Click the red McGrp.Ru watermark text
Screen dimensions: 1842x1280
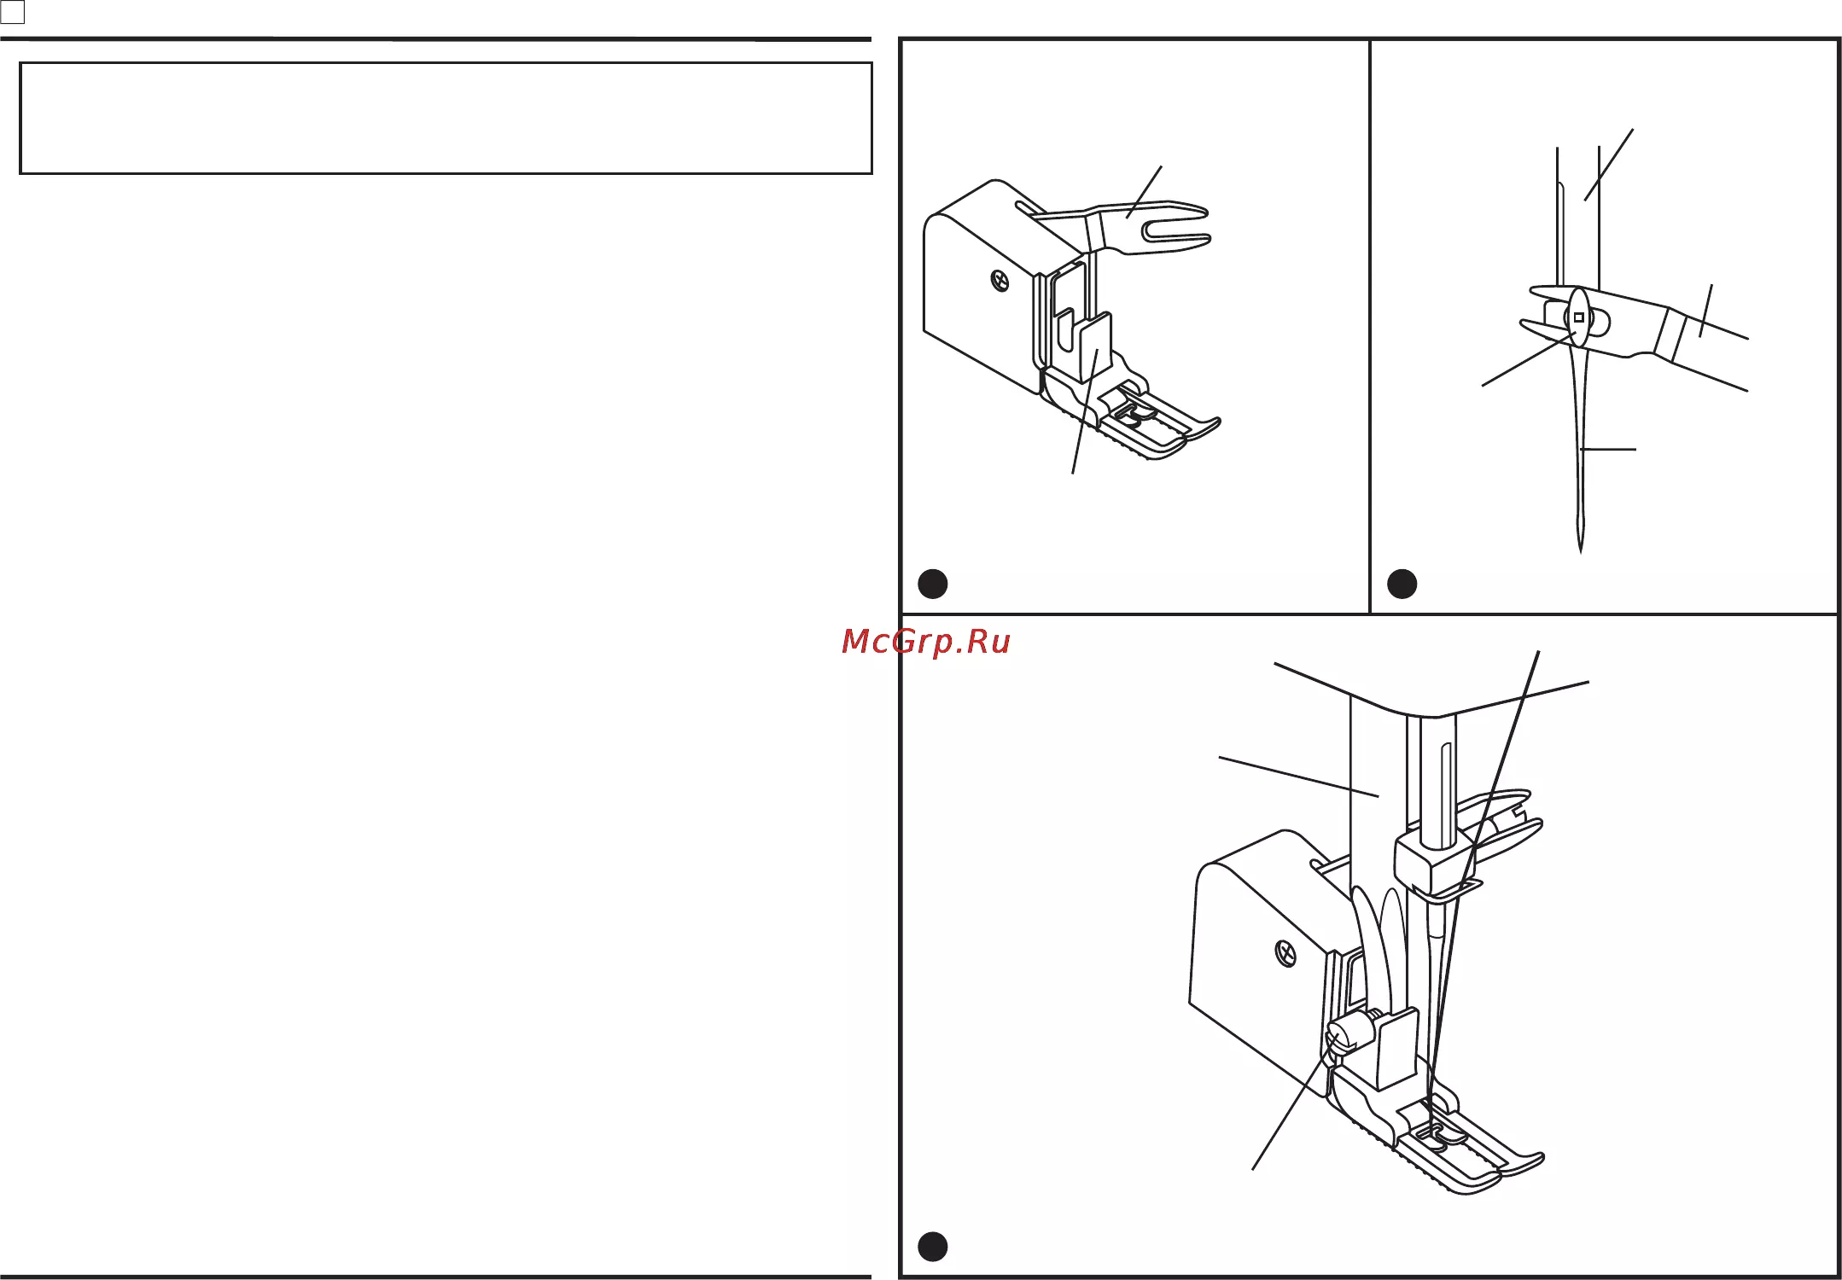click(x=926, y=642)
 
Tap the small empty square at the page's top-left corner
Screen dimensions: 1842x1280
click(x=13, y=12)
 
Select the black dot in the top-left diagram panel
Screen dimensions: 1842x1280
click(x=933, y=584)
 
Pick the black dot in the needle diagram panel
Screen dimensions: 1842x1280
click(x=1402, y=584)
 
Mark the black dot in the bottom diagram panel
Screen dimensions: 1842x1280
click(x=933, y=1247)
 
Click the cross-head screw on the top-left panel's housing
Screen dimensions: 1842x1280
click(x=1000, y=280)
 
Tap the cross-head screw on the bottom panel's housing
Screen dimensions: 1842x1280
click(x=1285, y=953)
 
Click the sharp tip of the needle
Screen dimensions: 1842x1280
click(x=1581, y=552)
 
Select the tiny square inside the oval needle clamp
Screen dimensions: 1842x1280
click(x=1578, y=317)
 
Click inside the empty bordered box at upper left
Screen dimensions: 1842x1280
click(x=446, y=118)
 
